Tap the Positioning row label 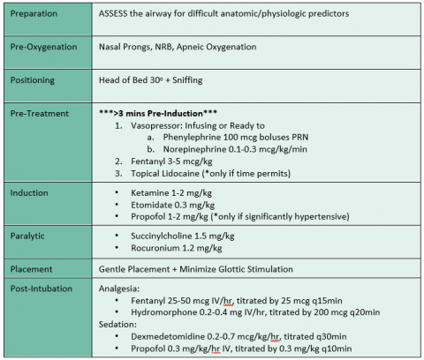click(34, 79)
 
